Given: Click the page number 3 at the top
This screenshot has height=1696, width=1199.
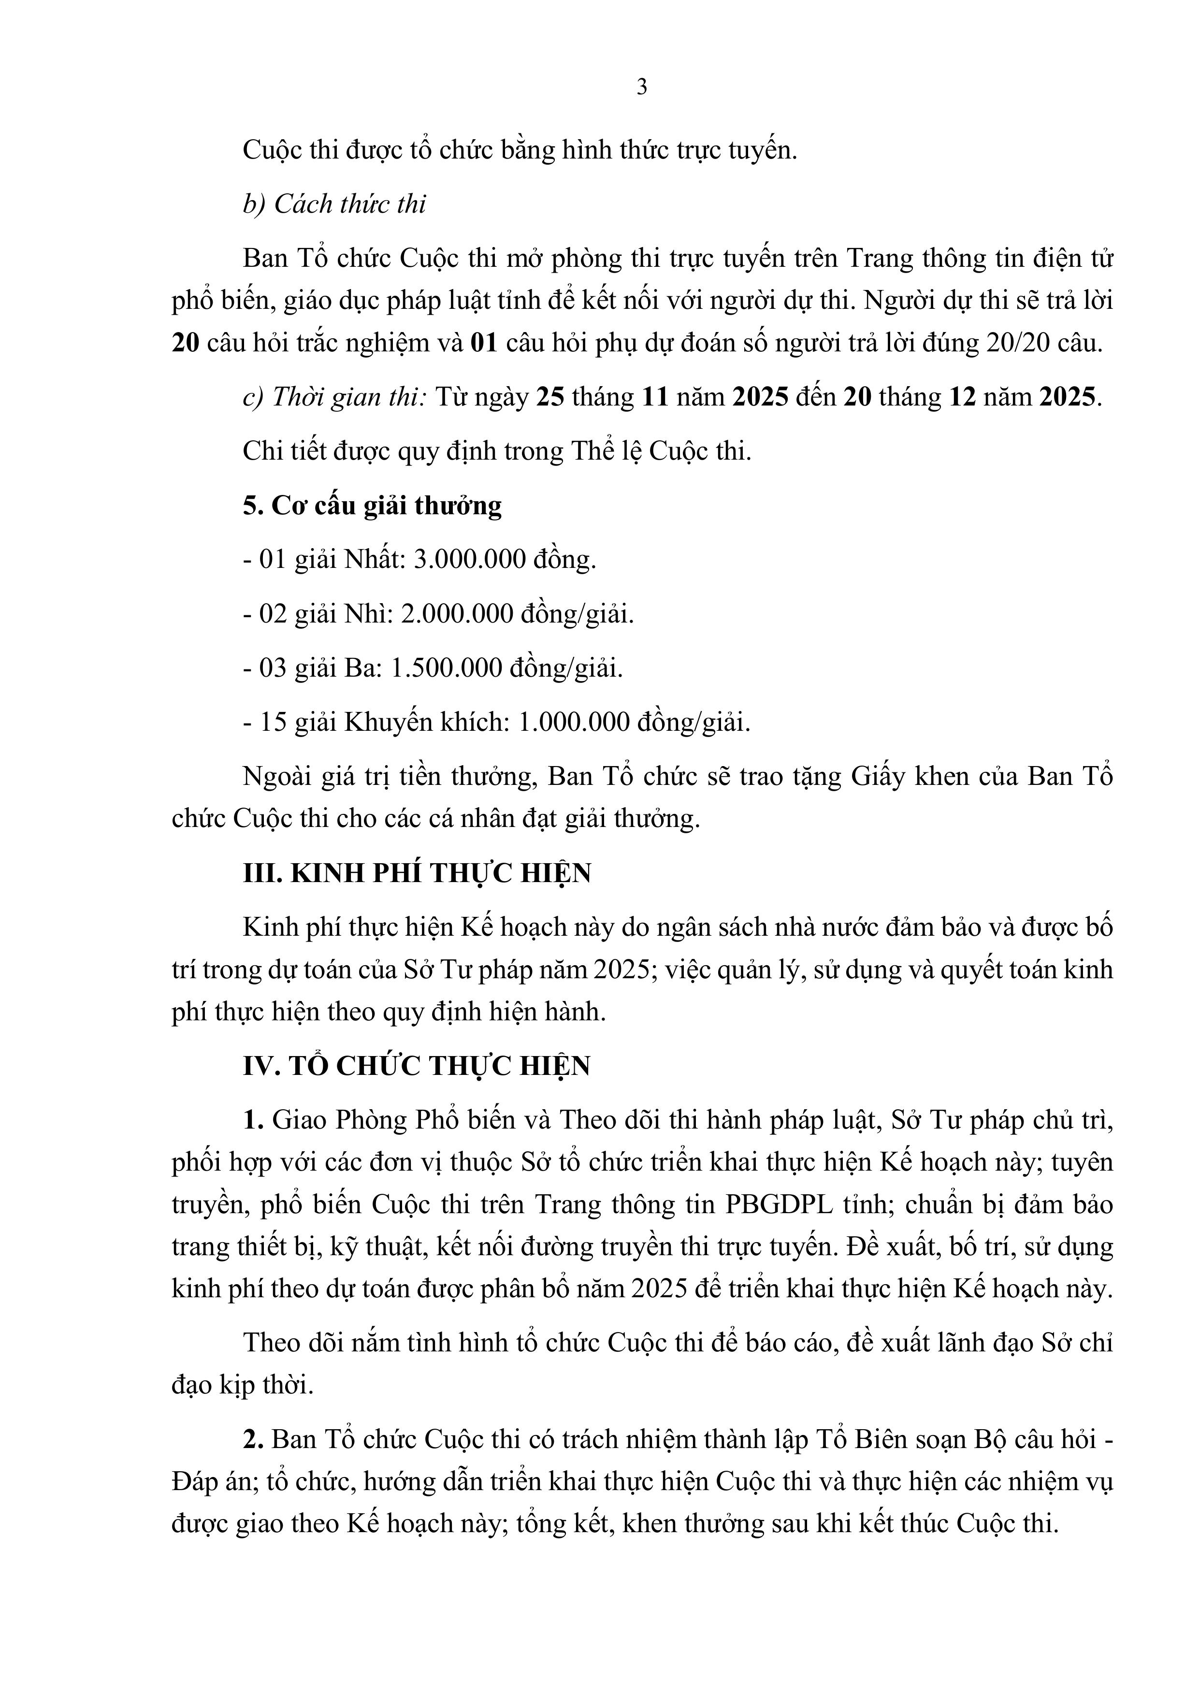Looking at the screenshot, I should pyautogui.click(x=642, y=87).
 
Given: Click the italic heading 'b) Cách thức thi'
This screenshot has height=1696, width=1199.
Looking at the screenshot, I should pyautogui.click(x=334, y=204).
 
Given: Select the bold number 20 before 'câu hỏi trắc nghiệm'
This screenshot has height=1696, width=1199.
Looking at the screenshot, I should pyautogui.click(x=186, y=344).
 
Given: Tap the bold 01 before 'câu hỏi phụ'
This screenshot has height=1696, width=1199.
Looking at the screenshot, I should pyautogui.click(x=485, y=344).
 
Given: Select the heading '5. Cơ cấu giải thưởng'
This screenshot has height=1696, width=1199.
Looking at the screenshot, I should pyautogui.click(x=372, y=506).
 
